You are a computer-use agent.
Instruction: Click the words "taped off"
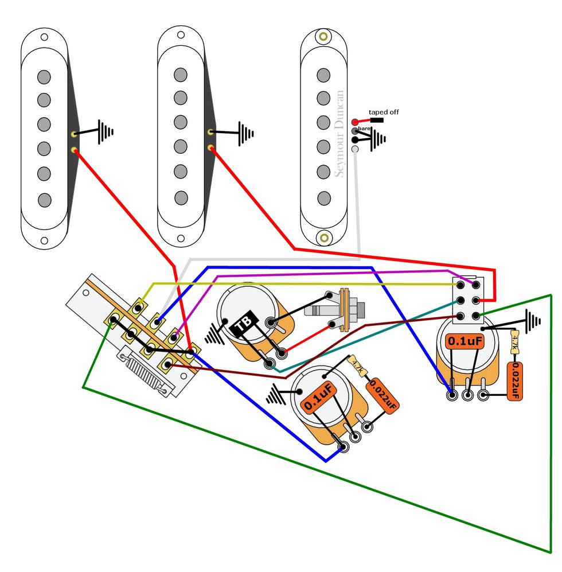pos(384,112)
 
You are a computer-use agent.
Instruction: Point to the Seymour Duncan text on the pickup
pos(340,134)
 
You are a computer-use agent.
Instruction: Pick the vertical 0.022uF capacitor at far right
pos(514,381)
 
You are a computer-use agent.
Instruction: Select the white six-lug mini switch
pos(469,300)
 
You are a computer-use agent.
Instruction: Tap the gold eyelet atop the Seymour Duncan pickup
pos(324,37)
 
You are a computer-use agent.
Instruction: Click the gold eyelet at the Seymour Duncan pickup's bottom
pos(324,236)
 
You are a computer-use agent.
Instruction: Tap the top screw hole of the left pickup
pos(44,37)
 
